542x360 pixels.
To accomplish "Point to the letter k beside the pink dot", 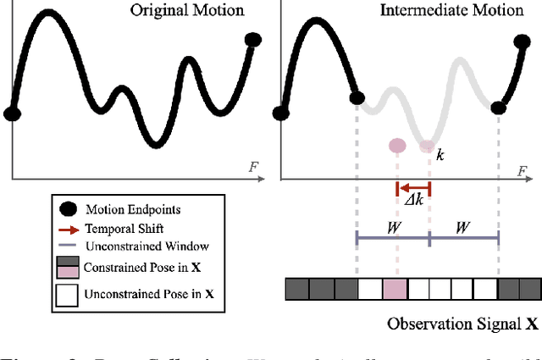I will (x=440, y=156).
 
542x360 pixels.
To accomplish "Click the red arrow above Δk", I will (x=413, y=188).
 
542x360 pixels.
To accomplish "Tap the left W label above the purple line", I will (x=393, y=229).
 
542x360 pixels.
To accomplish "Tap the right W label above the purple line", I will (x=464, y=229).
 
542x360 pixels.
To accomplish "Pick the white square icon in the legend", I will (x=67, y=296).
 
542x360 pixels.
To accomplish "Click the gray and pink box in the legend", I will (x=67, y=268).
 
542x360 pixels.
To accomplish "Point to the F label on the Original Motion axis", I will (x=253, y=168).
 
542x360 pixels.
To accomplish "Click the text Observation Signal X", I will (x=462, y=324).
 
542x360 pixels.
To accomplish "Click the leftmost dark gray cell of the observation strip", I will (x=296, y=290).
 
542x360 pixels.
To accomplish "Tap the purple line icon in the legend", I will (x=67, y=246).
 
